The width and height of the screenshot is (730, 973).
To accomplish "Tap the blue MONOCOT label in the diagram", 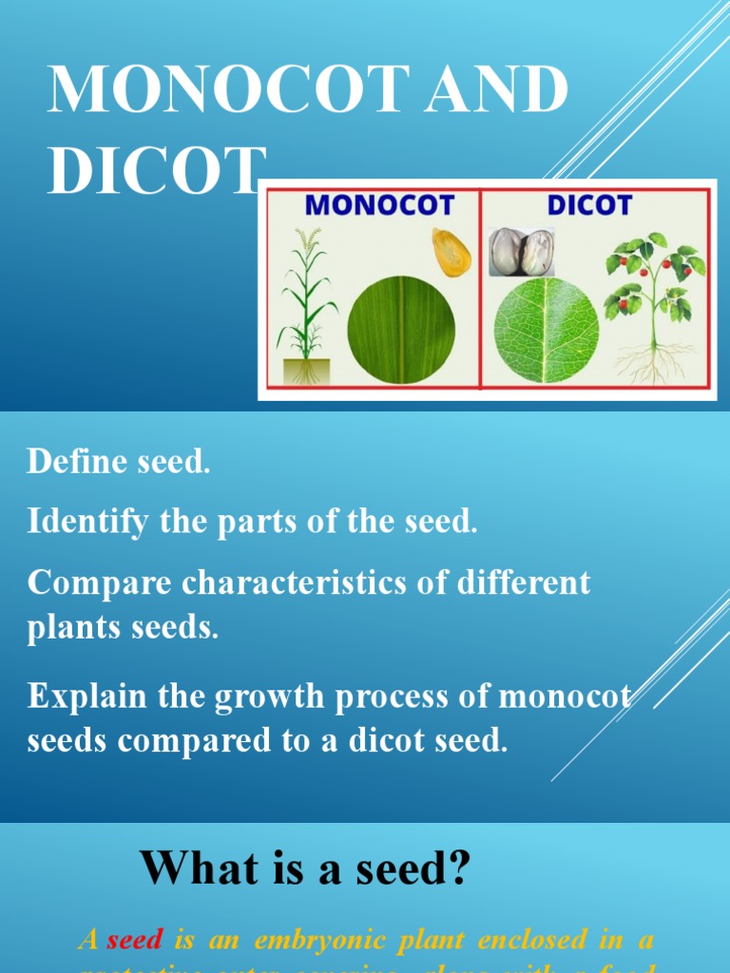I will pyautogui.click(x=380, y=205).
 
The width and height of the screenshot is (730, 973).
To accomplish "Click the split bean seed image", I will pyautogui.click(x=522, y=252).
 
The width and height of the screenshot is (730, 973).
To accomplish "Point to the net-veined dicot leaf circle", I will pyautogui.click(x=547, y=330).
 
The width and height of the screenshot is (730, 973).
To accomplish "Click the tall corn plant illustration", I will pyautogui.click(x=306, y=295).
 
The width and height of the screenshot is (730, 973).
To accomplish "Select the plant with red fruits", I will pyautogui.click(x=655, y=285).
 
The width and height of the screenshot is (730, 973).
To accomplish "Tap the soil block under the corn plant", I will pyautogui.click(x=306, y=371).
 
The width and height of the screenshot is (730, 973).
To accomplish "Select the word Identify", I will pyautogui.click(x=88, y=521).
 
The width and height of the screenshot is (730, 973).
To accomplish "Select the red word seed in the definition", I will pyautogui.click(x=135, y=940).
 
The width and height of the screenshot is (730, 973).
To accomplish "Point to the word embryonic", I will pyautogui.click(x=315, y=940).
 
